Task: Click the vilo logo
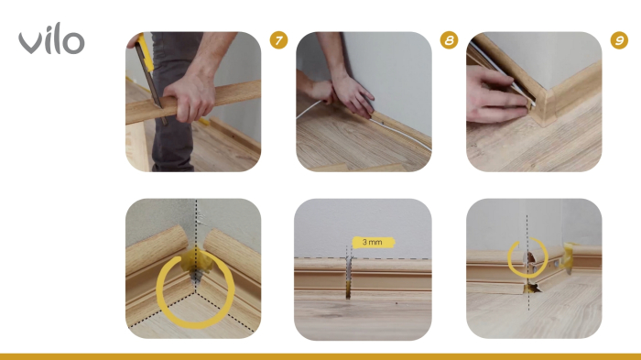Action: [51, 38]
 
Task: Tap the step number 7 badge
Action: [278, 40]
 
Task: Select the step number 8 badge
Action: [449, 40]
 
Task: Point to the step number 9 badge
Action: [619, 40]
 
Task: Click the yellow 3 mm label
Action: [373, 242]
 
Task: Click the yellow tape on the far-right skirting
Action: [569, 256]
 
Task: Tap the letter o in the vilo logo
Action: [75, 43]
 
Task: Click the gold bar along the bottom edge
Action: [320, 356]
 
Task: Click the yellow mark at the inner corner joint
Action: [195, 262]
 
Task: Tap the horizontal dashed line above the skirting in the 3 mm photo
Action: [363, 258]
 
